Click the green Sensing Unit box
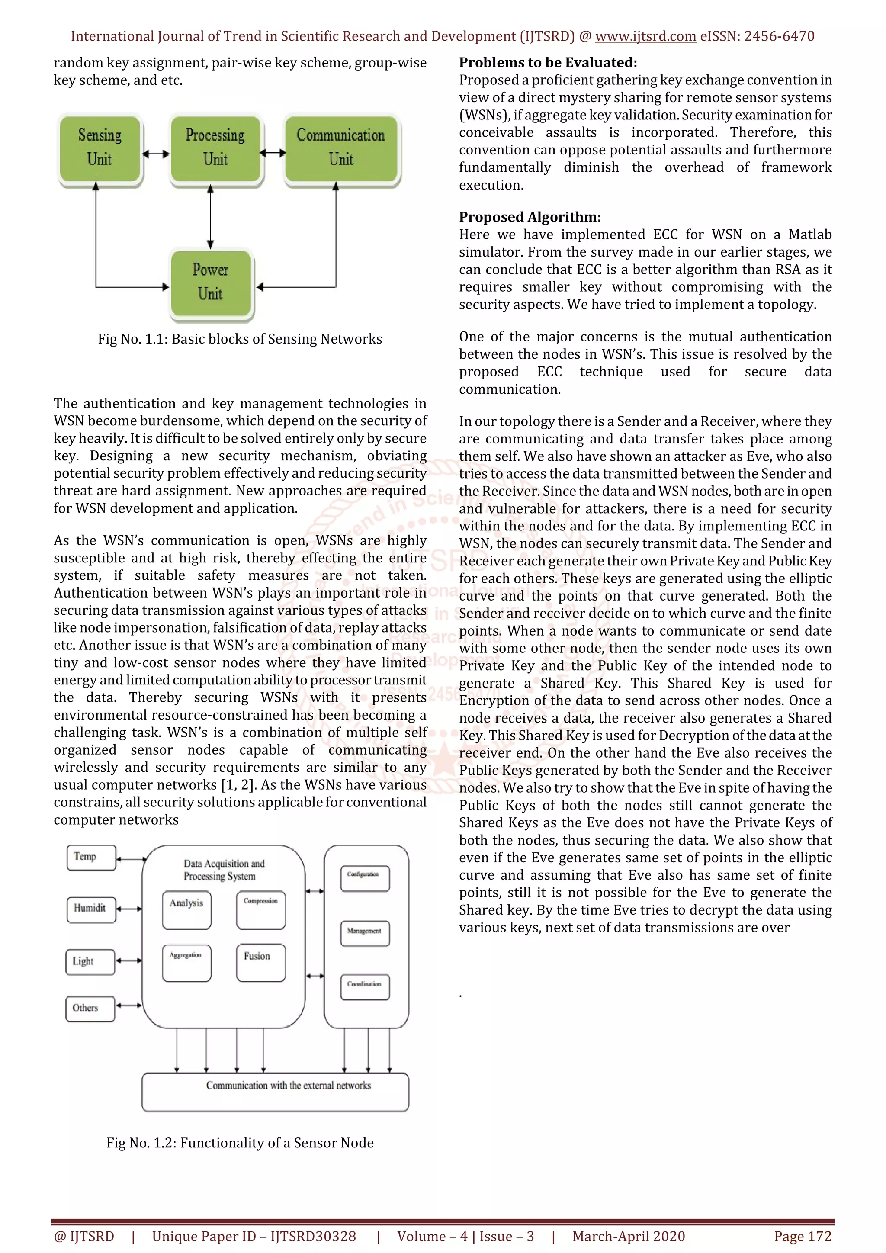(100, 148)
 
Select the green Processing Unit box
(215, 148)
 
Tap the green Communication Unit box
(341, 148)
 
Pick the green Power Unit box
(211, 282)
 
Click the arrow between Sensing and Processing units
(156, 154)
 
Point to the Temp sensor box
(91, 858)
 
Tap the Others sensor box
(90, 1009)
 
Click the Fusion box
(261, 962)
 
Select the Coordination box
(364, 986)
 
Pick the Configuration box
(364, 878)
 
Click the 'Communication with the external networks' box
(275, 1092)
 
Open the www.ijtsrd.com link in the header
(645, 37)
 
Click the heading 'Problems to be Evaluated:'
(548, 63)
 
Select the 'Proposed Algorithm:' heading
(530, 217)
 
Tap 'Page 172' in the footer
(803, 1236)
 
